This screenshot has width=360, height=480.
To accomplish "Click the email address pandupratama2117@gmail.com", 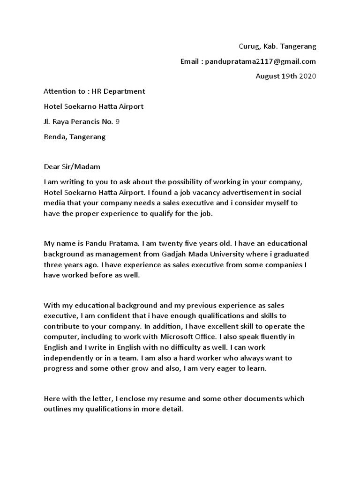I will click(261, 61).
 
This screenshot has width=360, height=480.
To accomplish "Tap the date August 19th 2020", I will click(285, 76).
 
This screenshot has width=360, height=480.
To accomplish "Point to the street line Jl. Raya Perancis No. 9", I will click(82, 122).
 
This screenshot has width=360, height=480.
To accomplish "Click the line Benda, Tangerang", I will click(75, 137).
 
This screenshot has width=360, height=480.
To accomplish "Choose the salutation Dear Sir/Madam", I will click(72, 166).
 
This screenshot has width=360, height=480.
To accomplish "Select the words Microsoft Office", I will click(174, 337).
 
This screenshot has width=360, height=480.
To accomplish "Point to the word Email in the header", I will click(189, 61).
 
